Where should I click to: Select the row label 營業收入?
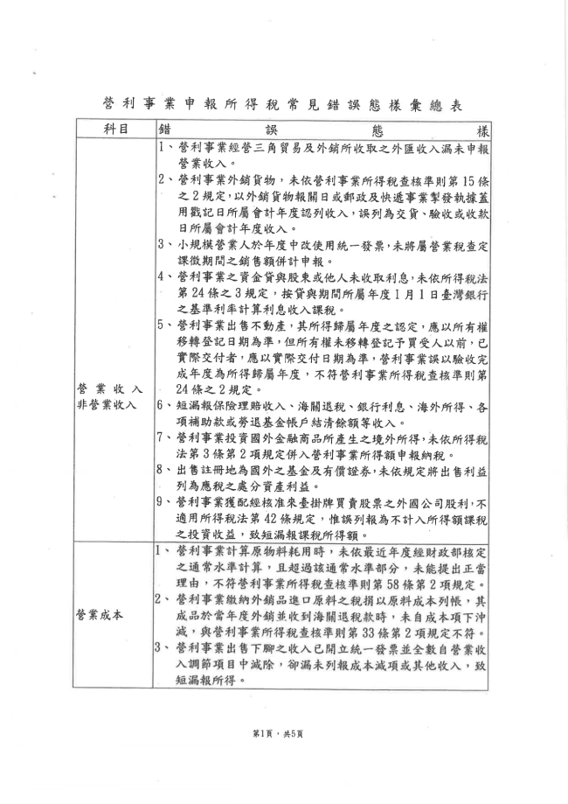tap(111, 388)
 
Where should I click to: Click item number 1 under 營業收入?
tap(164, 148)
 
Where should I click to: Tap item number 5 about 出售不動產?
tap(164, 324)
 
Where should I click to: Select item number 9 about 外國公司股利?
tap(164, 502)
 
